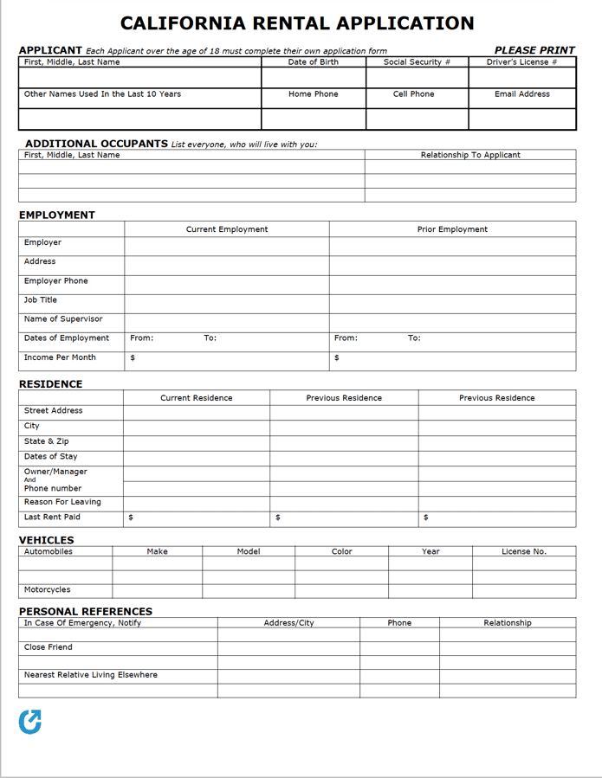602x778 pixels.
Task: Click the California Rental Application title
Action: pos(297,23)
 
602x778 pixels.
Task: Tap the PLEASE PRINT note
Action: pos(534,50)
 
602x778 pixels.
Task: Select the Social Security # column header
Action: pos(417,62)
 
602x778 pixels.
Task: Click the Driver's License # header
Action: pos(521,62)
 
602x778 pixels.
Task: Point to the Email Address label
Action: pos(521,94)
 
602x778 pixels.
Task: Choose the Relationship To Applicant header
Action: pos(470,155)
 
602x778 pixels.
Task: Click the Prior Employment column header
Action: pos(452,229)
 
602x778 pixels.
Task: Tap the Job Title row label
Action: pos(41,300)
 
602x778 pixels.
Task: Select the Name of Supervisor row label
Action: pos(63,319)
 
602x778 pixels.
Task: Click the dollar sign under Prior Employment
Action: pos(337,358)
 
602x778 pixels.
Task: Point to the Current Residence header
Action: pos(197,398)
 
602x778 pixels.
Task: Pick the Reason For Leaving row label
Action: pos(62,502)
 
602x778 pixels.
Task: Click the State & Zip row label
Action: pos(47,441)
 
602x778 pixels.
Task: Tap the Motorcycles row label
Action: pos(48,590)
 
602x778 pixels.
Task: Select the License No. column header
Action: pos(524,551)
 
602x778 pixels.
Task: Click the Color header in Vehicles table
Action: pos(342,551)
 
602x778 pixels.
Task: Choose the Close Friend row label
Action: pos(49,647)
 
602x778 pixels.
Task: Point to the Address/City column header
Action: pos(288,623)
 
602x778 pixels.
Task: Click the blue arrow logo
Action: pos(30,722)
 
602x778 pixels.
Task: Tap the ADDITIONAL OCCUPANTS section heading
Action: pos(96,144)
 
